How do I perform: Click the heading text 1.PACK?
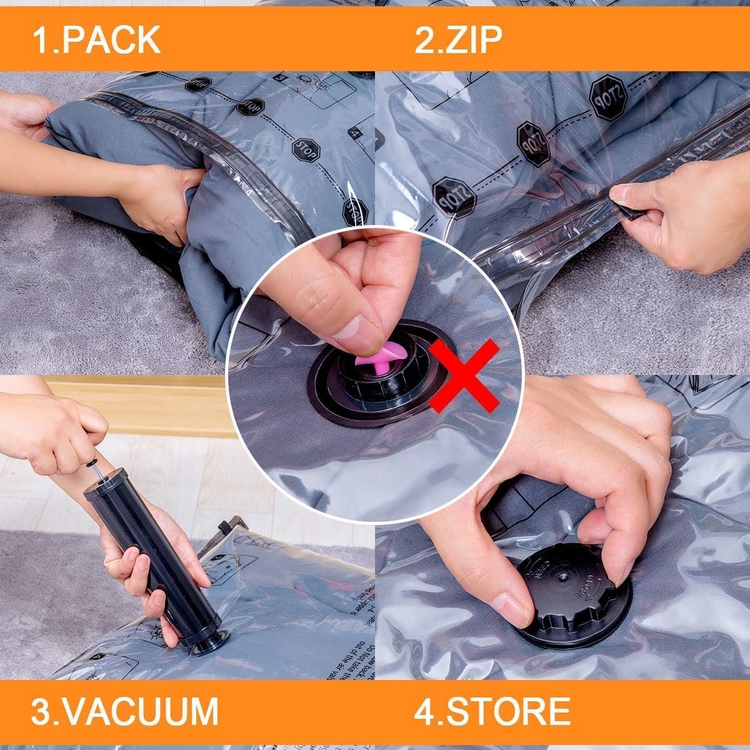96,39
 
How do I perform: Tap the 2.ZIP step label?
458,39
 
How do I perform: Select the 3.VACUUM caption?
125,711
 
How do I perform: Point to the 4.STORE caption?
492,711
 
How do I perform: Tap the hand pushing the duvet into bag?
156,200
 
